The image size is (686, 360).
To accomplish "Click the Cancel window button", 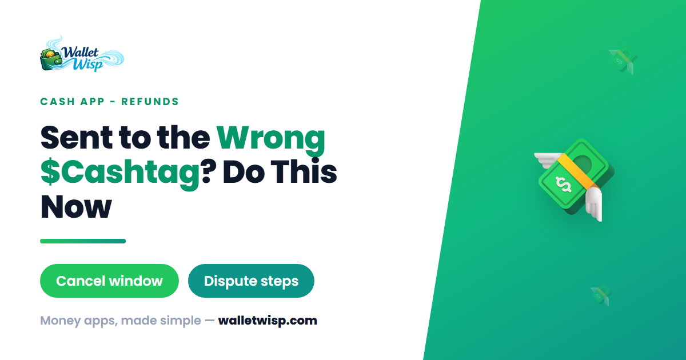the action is [109, 281].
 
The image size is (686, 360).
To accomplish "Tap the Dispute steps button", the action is [251, 281].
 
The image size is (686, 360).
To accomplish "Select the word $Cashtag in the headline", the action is [120, 173].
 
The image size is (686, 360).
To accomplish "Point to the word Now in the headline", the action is [76, 207].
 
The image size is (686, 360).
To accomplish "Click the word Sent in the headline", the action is [77, 138].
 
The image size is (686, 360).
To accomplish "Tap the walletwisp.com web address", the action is [268, 321].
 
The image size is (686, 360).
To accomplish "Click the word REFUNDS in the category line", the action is [150, 102].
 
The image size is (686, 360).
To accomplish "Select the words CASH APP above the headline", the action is [72, 102].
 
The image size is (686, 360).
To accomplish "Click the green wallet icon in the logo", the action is [51, 59].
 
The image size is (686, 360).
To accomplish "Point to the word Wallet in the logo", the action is [80, 53].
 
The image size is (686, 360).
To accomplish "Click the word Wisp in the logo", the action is [88, 65].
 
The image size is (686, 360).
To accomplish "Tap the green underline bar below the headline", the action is [83, 241].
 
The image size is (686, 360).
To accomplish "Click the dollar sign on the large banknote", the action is [564, 185].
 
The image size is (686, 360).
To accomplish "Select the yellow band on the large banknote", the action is [578, 171].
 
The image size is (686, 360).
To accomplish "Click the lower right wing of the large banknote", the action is [594, 203].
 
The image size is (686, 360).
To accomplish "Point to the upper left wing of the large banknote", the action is [549, 160].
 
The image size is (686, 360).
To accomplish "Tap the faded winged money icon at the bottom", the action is [601, 295].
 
